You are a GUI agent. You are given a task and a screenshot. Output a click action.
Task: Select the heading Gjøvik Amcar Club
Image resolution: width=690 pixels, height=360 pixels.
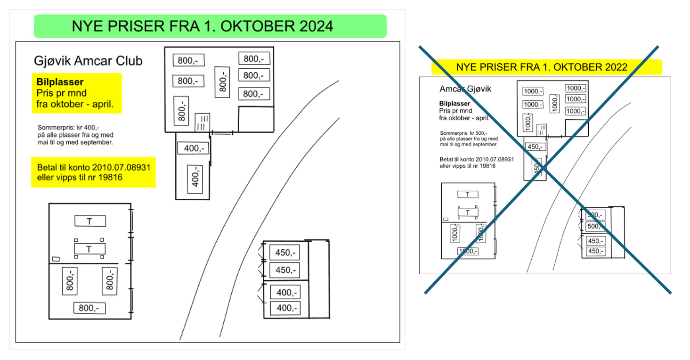[88, 61]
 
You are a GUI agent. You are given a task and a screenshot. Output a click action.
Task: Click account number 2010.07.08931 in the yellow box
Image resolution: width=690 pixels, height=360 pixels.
[122, 167]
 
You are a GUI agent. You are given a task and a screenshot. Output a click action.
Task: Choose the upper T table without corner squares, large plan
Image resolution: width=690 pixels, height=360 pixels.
[89, 221]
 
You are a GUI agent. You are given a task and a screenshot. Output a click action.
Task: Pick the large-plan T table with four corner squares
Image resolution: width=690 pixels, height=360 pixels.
[89, 249]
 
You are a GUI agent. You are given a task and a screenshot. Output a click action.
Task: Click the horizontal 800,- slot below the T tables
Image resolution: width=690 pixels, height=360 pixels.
[89, 308]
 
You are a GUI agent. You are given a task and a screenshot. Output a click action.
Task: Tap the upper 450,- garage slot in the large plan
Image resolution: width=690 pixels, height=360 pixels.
[284, 253]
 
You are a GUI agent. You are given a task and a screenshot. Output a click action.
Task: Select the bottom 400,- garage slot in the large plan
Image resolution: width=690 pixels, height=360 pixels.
[284, 308]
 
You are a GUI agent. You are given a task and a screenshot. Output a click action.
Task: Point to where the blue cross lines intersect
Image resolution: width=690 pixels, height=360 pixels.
[544, 168]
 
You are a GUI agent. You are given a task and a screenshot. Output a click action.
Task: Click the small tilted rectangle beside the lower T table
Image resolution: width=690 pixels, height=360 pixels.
[56, 259]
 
